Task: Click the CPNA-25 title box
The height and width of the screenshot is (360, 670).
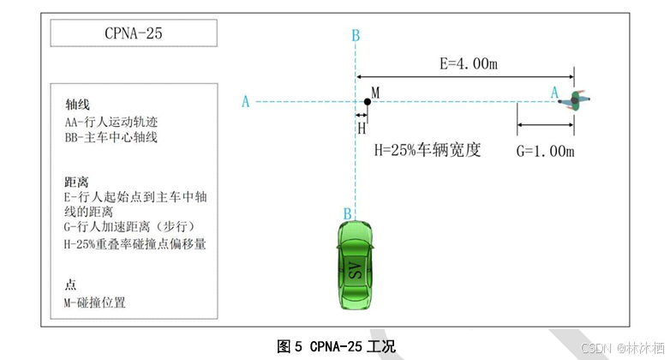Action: point(133,34)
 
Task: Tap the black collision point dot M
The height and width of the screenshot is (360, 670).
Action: point(367,102)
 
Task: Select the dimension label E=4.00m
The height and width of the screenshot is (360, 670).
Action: point(470,63)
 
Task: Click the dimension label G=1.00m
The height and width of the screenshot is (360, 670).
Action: point(545,152)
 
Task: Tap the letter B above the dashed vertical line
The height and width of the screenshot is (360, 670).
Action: point(355,35)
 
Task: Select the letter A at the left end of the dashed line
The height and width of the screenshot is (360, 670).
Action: point(246,102)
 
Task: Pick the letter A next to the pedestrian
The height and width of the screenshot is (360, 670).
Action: point(554,92)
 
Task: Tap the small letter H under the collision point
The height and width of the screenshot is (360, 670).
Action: point(362,128)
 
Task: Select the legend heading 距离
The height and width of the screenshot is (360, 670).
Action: point(77,182)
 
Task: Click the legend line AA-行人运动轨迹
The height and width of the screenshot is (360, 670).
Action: point(111,122)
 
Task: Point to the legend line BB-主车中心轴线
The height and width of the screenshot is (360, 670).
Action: point(111,137)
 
